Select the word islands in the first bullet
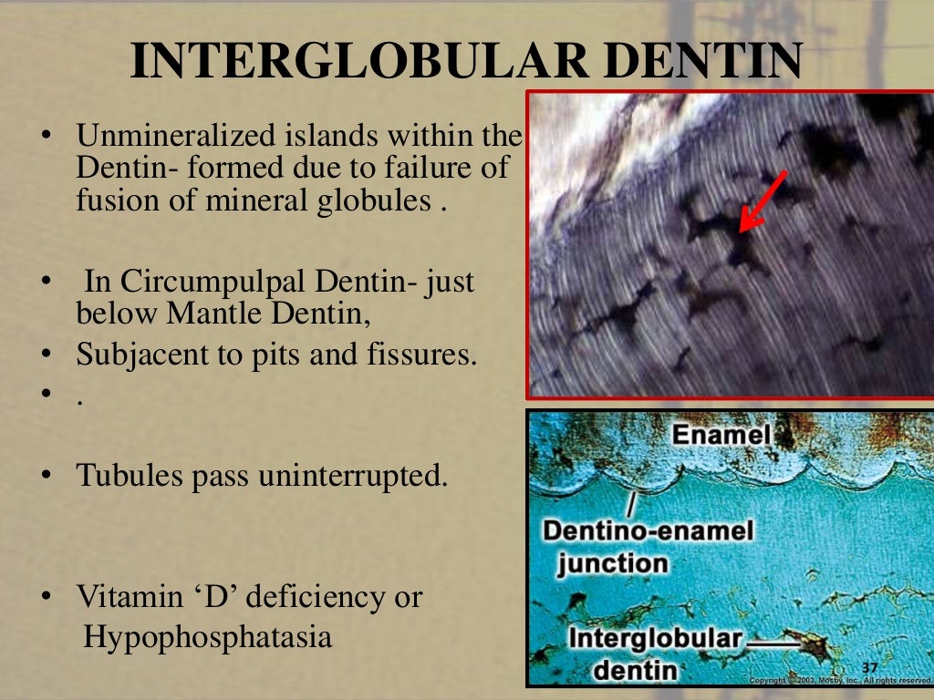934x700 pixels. point(324,138)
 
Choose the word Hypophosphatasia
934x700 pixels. point(208,636)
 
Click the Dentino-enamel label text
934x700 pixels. point(648,530)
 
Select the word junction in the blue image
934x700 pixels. point(613,561)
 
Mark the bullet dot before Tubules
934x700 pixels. point(44,476)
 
